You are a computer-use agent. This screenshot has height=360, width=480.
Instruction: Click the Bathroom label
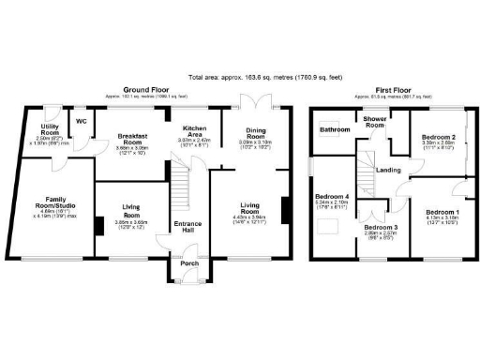334,128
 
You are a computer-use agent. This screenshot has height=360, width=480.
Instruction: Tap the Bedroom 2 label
439,138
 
